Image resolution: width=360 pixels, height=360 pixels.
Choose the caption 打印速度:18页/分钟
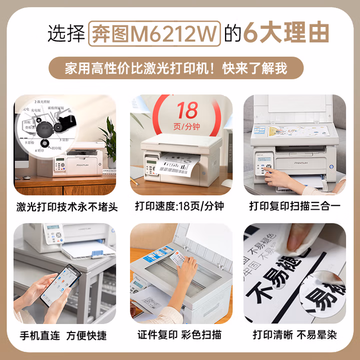click(179, 206)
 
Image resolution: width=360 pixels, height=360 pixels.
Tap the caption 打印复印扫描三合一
click(294, 206)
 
